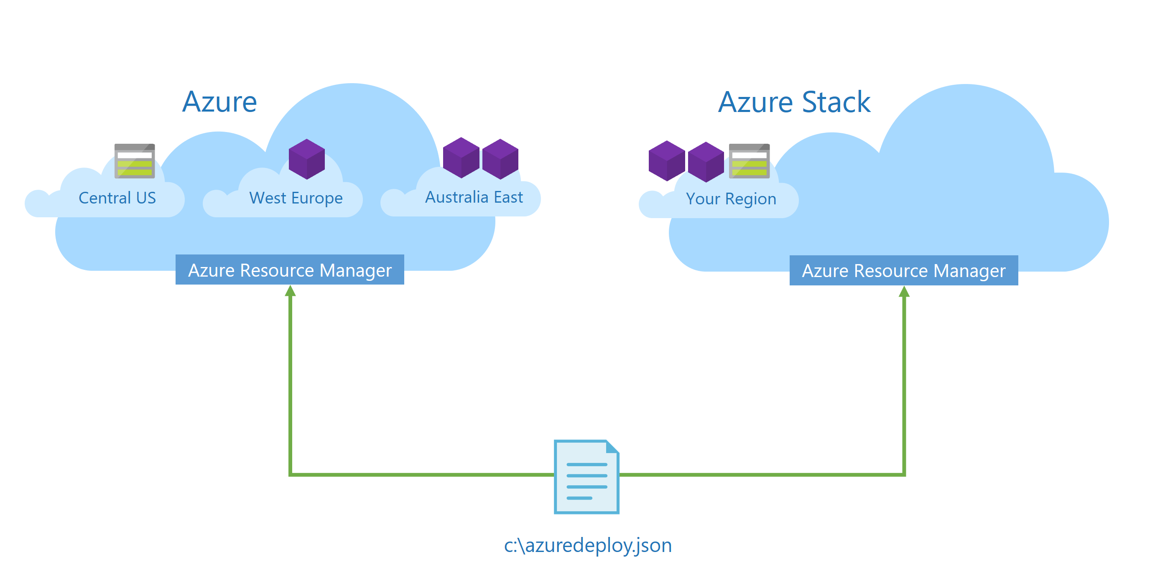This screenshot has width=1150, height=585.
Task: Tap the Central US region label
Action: tap(117, 198)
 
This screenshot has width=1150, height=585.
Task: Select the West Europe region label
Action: tap(296, 198)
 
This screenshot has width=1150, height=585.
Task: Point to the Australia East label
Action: tap(473, 197)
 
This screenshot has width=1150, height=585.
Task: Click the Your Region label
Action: tap(731, 198)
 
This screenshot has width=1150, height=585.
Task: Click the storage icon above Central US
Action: tap(134, 161)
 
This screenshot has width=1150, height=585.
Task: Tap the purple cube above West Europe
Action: tap(307, 159)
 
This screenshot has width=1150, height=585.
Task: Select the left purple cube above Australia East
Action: tap(461, 158)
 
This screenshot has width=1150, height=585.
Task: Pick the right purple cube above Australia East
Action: tap(500, 159)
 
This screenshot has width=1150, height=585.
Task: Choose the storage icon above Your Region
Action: tap(749, 161)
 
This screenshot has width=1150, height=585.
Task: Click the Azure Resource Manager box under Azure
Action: tap(290, 270)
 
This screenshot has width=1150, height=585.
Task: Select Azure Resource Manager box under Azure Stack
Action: tap(904, 270)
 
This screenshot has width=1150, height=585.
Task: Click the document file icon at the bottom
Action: tap(586, 477)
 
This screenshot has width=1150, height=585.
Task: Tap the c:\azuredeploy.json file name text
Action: tap(587, 545)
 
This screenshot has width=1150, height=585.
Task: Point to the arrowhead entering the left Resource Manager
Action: tap(290, 291)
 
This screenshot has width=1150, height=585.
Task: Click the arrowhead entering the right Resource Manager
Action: tap(904, 292)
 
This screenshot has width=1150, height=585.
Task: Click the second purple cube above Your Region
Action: tap(705, 162)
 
